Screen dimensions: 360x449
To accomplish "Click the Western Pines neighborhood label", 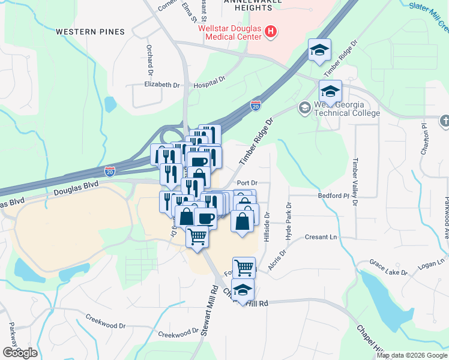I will (x=90, y=31).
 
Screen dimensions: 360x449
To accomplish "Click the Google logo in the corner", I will (x=19, y=352).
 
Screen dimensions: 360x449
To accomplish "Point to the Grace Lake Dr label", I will (x=388, y=268).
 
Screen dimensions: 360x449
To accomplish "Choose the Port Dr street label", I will (x=247, y=182).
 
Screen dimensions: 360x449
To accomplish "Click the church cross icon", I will (x=444, y=121).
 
